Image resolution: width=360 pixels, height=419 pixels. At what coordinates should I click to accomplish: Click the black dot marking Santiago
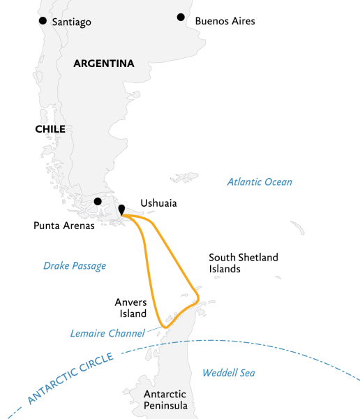[44, 21]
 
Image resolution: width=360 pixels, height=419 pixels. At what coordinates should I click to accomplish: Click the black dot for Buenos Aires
[181, 17]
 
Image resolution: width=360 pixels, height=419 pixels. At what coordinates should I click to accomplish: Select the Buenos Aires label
[225, 21]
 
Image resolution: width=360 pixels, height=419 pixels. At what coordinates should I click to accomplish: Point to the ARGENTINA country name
[104, 64]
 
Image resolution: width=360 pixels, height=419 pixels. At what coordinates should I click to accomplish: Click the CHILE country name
[50, 129]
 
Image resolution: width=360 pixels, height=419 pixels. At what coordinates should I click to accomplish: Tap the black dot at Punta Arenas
[98, 202]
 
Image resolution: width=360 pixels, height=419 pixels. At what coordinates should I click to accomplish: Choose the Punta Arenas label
[63, 226]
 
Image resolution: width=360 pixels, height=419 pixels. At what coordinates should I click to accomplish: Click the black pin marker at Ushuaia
[121, 209]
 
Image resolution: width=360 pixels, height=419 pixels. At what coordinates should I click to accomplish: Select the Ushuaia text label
[158, 203]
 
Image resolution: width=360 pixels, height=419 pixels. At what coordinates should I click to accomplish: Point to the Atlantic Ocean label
[260, 182]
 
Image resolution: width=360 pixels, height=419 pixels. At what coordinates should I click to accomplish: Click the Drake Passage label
[75, 266]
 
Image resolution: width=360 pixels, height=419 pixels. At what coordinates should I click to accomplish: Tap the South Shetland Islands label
[243, 263]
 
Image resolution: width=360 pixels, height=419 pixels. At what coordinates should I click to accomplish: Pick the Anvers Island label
[131, 308]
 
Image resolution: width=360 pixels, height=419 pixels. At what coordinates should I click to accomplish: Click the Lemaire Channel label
[107, 334]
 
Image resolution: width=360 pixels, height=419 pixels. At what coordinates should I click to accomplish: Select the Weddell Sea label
[228, 373]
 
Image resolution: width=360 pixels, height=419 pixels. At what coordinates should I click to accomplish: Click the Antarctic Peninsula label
[165, 399]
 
